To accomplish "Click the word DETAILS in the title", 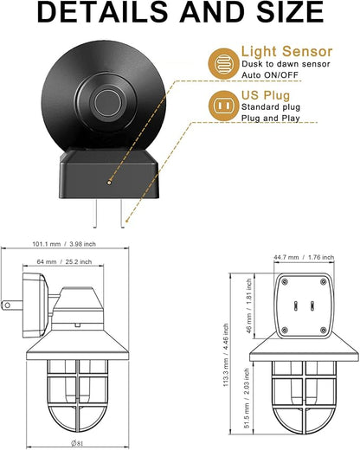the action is tap(102, 12).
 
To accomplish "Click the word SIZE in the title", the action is tap(290, 12).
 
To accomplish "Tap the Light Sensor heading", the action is tap(286, 51).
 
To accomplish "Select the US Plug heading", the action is tap(266, 95).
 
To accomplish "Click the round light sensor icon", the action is tap(223, 63).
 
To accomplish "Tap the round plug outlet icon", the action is tap(223, 106).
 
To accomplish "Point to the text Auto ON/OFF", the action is tap(270, 75).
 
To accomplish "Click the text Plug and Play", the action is tap(271, 119).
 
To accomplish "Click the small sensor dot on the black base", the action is tap(109, 183).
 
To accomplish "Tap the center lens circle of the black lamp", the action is tap(106, 103).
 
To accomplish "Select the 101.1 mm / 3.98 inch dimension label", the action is tap(64, 244).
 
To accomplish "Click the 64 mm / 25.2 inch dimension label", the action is tap(64, 262).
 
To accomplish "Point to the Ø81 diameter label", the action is tap(77, 443).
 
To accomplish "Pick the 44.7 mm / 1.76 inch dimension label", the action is tap(304, 257).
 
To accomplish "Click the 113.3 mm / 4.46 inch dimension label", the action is tap(226, 355).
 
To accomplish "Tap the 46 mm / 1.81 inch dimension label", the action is tap(249, 305).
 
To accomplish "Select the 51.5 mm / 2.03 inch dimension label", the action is tap(247, 398).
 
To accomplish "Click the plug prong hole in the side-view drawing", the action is tap(8, 305).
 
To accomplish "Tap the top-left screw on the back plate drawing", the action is tap(285, 282).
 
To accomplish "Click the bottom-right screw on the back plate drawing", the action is tap(324, 330).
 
